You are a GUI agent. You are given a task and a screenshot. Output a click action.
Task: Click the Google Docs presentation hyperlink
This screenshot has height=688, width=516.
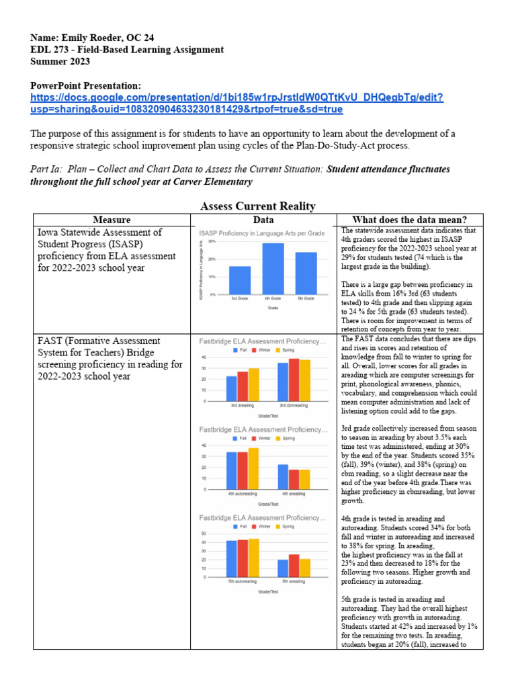pyautogui.click(x=236, y=103)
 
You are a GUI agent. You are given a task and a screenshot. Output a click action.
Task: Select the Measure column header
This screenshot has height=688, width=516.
pyautogui.click(x=112, y=220)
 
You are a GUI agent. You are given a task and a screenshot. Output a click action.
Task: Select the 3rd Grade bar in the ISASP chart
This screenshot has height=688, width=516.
pyautogui.click(x=239, y=280)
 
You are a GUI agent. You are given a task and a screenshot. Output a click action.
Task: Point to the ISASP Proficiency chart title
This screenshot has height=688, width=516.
pyautogui.click(x=262, y=232)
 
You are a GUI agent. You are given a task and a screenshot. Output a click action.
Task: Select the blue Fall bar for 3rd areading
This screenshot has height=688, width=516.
pyautogui.click(x=231, y=388)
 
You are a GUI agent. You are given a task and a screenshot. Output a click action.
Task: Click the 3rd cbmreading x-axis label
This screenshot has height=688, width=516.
pyautogui.click(x=293, y=406)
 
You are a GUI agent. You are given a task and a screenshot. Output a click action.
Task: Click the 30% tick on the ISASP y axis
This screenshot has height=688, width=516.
pyautogui.click(x=211, y=241)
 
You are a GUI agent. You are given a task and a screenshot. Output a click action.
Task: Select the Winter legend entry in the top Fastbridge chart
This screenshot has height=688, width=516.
pyautogui.click(x=262, y=350)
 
